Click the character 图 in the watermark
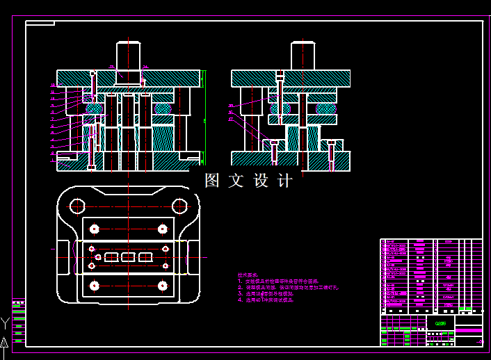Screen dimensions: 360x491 point(212,181)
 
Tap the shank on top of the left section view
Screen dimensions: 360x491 point(129,56)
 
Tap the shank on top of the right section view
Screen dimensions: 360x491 point(303,56)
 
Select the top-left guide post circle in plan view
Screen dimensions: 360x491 point(77,206)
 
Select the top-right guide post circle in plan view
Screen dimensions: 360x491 point(180,206)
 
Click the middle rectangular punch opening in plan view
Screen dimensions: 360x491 point(128,257)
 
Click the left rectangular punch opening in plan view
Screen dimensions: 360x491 point(111,257)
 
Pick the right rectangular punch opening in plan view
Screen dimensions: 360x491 point(145,257)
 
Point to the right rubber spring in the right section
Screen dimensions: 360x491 point(325,108)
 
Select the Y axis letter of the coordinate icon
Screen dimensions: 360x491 point(4,322)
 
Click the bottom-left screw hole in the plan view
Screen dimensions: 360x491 point(94,285)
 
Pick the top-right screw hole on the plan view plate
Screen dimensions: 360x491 point(162,229)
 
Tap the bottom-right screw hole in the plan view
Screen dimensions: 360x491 point(162,285)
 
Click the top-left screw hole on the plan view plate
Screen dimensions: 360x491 point(94,229)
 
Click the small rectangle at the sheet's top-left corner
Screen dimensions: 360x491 point(40,23)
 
